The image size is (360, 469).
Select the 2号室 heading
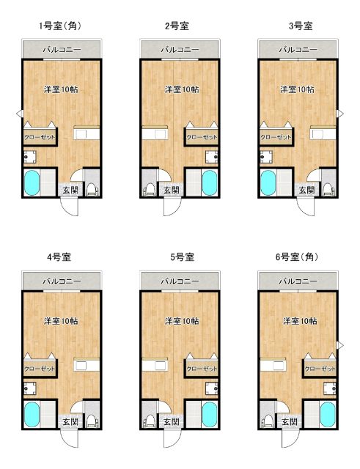pyautogui.click(x=177, y=26)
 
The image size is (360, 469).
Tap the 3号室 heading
pyautogui.click(x=301, y=26)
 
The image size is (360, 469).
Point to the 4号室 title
pyautogui.click(x=59, y=257)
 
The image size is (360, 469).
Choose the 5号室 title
pyautogui.click(x=182, y=257)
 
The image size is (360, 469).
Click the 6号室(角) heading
pyautogui.click(x=297, y=257)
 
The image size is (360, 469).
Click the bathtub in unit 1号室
pyautogui.click(x=32, y=183)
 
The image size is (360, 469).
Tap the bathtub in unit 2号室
pyautogui.click(x=209, y=183)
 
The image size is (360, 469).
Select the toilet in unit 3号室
pyautogui.click(x=326, y=190)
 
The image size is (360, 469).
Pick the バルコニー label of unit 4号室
pyautogui.click(x=61, y=281)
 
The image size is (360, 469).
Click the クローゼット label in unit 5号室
pyautogui.click(x=202, y=369)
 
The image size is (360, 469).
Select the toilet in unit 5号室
pyautogui.click(x=150, y=421)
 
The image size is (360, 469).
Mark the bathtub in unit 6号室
pyautogui.click(x=327, y=415)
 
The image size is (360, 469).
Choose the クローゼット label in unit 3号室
pyautogui.click(x=276, y=137)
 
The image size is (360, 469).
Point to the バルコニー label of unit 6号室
pyautogui.click(x=298, y=281)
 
